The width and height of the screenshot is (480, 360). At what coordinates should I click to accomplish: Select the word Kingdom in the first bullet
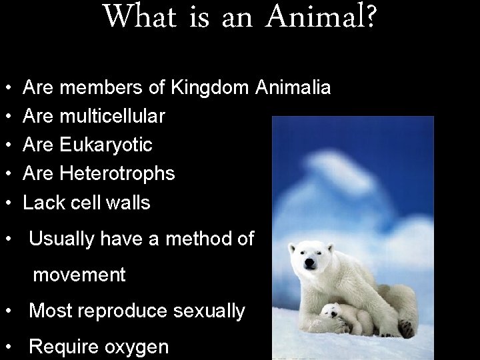207,88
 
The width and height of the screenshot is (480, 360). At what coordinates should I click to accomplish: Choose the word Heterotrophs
117,174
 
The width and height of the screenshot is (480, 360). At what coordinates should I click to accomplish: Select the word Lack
41,203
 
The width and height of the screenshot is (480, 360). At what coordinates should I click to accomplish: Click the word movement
79,275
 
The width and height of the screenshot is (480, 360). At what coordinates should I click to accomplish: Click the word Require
61,347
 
